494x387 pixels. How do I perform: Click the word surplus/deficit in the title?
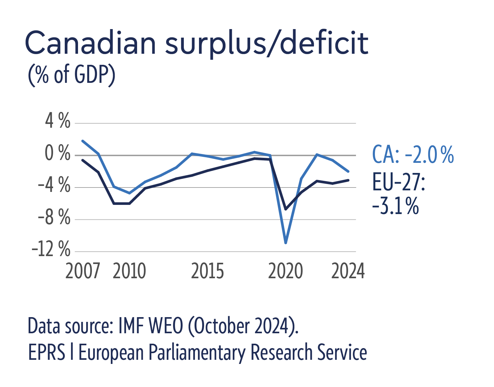[267, 43]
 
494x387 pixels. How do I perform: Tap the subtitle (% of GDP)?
[72, 75]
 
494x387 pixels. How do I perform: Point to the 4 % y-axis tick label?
[58, 121]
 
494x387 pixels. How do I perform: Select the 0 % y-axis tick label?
[57, 153]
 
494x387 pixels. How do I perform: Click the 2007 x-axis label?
[82, 271]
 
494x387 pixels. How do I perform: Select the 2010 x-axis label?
[130, 271]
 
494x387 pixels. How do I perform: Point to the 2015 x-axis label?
[208, 271]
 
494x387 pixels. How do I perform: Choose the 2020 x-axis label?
[286, 271]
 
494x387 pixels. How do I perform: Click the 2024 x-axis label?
[348, 271]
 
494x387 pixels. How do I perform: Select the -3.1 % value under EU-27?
[395, 206]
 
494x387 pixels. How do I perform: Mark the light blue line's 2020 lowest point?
[286, 243]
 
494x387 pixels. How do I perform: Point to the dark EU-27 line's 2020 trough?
[286, 209]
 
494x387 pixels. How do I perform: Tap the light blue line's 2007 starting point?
[83, 141]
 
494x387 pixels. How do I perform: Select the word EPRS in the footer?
[47, 352]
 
